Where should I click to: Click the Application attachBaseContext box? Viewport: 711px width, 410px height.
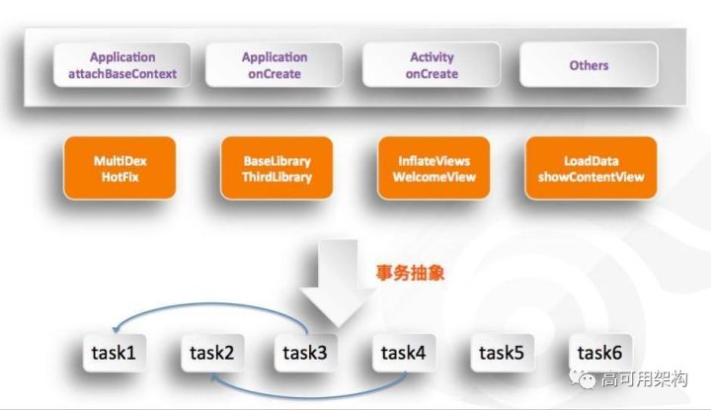[x=122, y=65]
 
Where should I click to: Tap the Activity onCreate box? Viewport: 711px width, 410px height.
[x=433, y=65]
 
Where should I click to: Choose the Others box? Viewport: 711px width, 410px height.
[x=589, y=65]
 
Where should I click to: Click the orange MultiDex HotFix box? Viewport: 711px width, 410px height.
[x=120, y=169]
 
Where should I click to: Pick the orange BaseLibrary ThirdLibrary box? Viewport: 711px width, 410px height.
[x=277, y=169]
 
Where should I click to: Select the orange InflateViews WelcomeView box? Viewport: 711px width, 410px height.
[x=434, y=169]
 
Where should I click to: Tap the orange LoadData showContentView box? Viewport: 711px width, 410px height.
[x=591, y=169]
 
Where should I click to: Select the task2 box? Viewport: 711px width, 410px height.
[x=210, y=352]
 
